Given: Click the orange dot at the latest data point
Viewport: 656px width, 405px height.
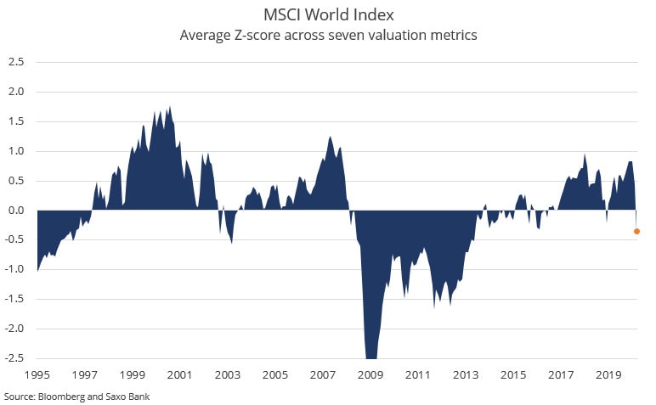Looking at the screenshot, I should [x=637, y=231].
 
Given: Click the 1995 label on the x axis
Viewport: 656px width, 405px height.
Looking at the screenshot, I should [x=37, y=374].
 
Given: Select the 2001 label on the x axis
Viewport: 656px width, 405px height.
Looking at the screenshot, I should [x=179, y=374].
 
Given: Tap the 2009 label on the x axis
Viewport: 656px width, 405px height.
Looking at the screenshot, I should [x=370, y=374].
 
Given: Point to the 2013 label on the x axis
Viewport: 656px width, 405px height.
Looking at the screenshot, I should [x=465, y=374].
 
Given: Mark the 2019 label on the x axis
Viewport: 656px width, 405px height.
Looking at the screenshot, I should [x=608, y=374].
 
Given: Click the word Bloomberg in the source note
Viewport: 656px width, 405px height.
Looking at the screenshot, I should [x=59, y=397].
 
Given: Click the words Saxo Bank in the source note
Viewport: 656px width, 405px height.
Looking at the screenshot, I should [x=128, y=397].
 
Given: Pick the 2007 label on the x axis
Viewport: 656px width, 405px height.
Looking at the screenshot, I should [x=322, y=374].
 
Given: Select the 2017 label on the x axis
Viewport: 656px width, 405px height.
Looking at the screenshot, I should [x=560, y=374].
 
